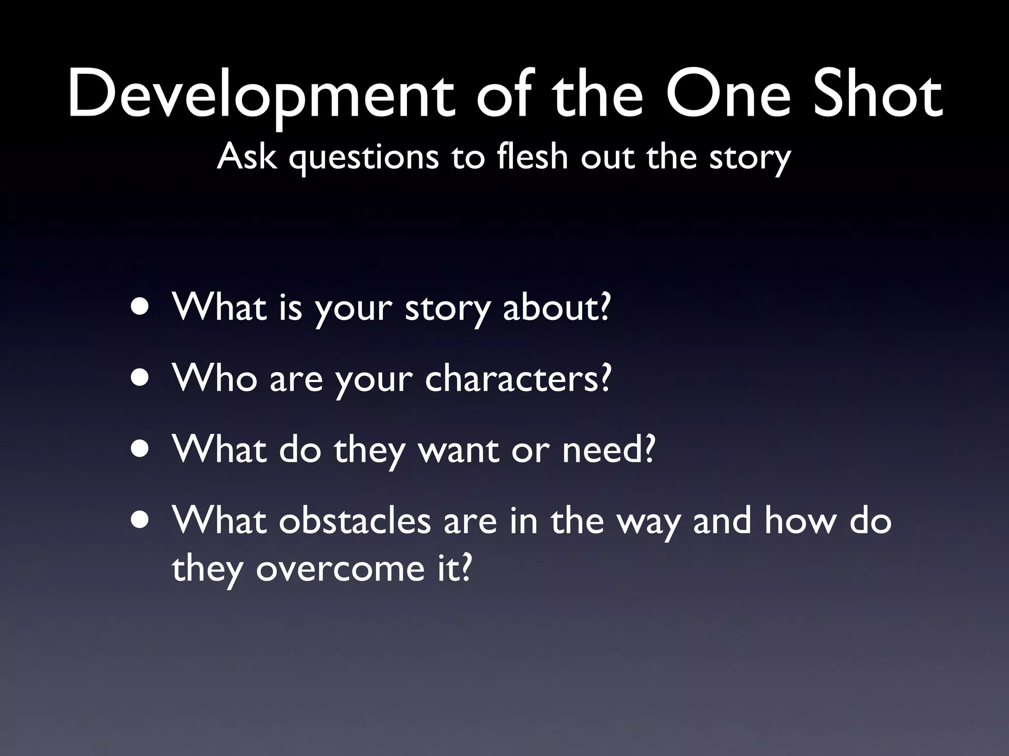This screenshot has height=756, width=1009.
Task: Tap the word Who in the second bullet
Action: pos(215,379)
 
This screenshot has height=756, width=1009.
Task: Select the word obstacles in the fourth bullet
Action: pos(355,521)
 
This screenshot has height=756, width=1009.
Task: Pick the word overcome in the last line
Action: pos(340,569)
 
